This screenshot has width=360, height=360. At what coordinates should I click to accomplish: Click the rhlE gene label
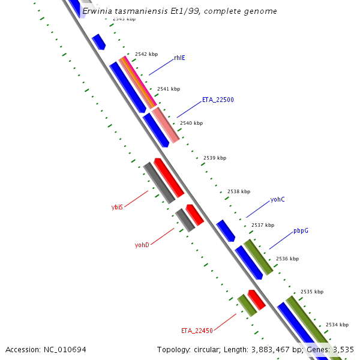[179, 58]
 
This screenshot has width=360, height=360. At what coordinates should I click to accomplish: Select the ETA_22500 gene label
[218, 100]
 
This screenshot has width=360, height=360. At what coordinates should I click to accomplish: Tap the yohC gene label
[277, 199]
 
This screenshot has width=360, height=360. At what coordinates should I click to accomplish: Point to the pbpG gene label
[301, 230]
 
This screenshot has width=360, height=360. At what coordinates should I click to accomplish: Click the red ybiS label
[117, 207]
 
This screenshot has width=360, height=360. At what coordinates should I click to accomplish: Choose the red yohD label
[142, 245]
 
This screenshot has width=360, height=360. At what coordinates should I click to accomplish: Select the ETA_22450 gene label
[197, 331]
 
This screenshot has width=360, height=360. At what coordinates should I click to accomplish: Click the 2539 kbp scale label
[215, 158]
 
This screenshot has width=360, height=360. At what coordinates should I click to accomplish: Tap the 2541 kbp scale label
[169, 89]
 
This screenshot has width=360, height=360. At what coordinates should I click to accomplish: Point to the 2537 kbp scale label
[262, 225]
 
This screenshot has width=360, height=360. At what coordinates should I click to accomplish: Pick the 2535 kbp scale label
[311, 292]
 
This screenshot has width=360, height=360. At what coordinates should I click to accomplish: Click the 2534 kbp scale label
[337, 325]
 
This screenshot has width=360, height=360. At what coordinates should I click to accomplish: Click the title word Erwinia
[98, 11]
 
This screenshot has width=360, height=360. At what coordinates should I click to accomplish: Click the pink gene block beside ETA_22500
[166, 125]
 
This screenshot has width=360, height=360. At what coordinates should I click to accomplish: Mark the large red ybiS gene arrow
[169, 178]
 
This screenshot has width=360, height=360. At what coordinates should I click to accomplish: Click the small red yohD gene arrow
[194, 214]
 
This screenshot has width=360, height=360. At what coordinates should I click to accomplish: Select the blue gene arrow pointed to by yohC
[226, 230]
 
